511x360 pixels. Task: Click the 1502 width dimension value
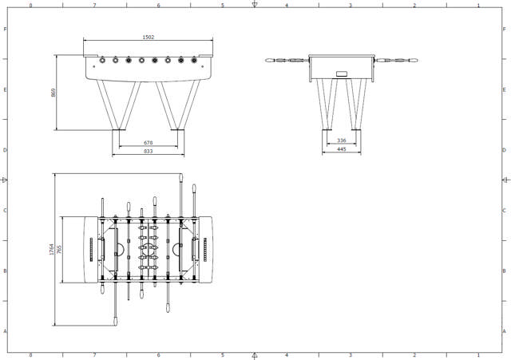pos(148,37)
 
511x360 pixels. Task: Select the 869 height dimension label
pos(53,93)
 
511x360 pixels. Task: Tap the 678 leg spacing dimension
pos(149,143)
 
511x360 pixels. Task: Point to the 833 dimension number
pos(149,151)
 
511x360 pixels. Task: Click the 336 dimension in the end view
pos(342,140)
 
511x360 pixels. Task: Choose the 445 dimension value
pos(342,148)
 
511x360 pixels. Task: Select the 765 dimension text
pos(60,249)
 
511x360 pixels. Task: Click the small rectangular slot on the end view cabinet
pos(342,73)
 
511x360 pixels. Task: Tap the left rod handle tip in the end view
pos(269,60)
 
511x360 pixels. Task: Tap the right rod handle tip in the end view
pos(416,60)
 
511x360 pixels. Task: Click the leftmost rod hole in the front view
pos(102,59)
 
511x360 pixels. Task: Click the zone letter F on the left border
pos(5,29)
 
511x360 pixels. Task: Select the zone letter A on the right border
pos(505,330)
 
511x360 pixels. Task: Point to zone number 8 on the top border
pos(31,5)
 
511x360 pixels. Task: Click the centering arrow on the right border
pos(505,180)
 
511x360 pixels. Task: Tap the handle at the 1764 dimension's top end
pos(182,178)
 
